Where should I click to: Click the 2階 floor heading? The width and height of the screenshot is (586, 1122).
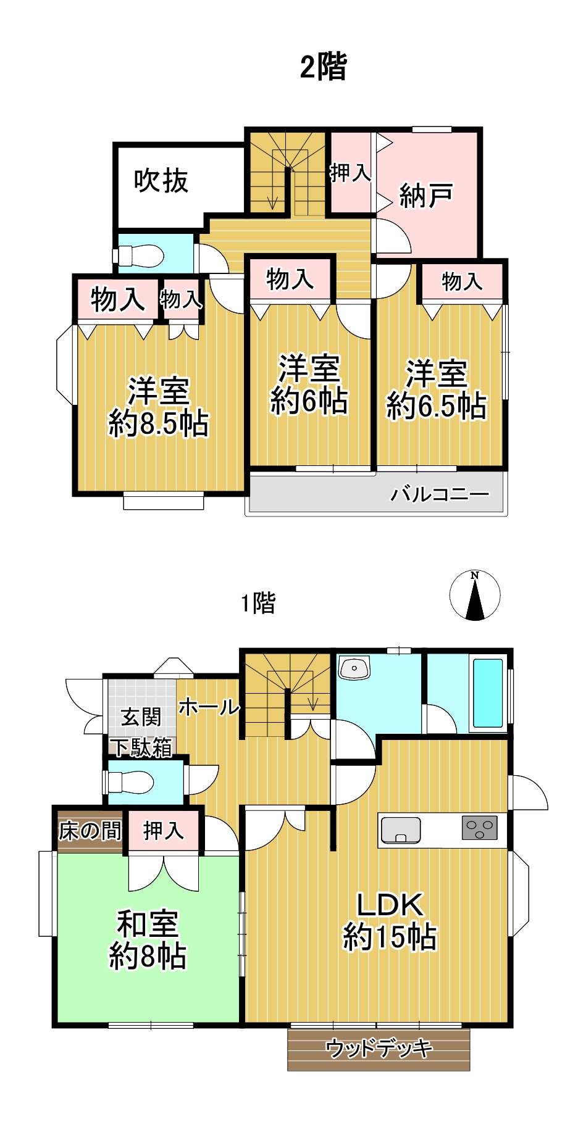(x=323, y=67)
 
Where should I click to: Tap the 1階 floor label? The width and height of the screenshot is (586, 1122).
(x=258, y=602)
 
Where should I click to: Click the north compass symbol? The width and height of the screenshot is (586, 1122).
(x=474, y=595)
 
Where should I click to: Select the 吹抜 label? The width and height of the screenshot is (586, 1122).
(x=161, y=181)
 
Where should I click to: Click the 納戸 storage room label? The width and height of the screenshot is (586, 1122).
(x=426, y=196)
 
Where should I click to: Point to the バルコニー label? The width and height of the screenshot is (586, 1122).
(x=440, y=494)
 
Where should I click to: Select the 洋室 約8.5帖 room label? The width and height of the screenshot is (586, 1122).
(x=159, y=407)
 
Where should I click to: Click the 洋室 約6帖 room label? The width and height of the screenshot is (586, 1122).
(x=309, y=384)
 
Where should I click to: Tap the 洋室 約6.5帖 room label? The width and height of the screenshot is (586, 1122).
(x=437, y=390)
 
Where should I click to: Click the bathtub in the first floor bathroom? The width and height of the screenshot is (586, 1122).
(x=488, y=693)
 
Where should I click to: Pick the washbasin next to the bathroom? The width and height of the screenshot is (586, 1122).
(x=354, y=667)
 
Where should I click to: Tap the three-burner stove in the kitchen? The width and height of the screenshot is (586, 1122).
(x=480, y=828)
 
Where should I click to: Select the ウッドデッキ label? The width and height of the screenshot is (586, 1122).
(x=379, y=1048)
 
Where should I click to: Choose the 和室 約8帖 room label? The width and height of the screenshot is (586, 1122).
(x=148, y=940)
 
